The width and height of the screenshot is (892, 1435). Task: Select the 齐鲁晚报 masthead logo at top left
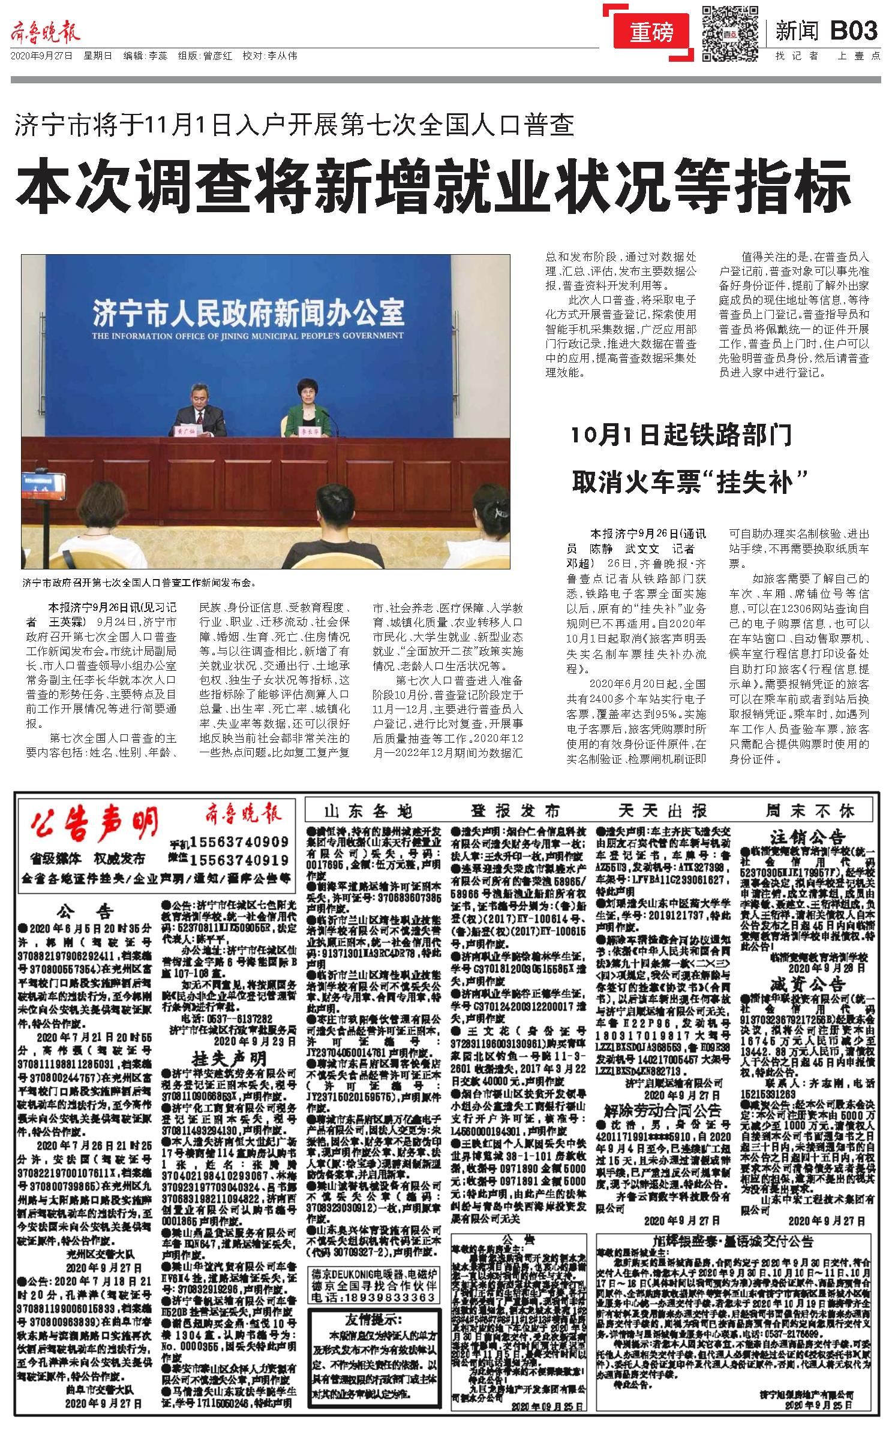pyautogui.click(x=46, y=32)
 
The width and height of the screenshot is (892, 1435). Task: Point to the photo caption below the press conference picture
pyautogui.click(x=139, y=581)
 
